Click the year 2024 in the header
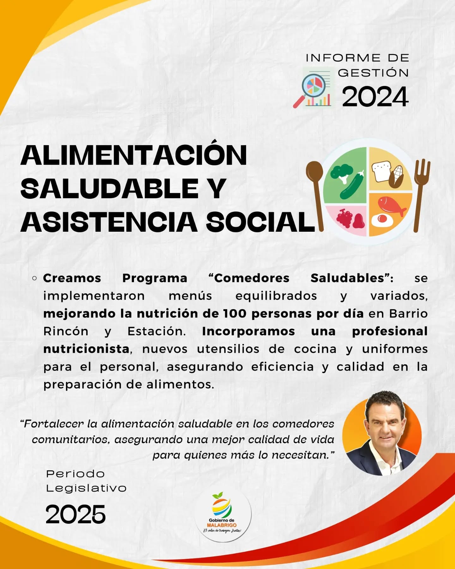[375, 97]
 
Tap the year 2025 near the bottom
[76, 514]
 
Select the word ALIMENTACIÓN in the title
[134, 155]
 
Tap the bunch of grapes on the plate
[344, 218]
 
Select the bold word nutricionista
[86, 349]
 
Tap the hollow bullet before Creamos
[35, 278]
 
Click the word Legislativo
[86, 488]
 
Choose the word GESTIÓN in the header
[373, 73]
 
